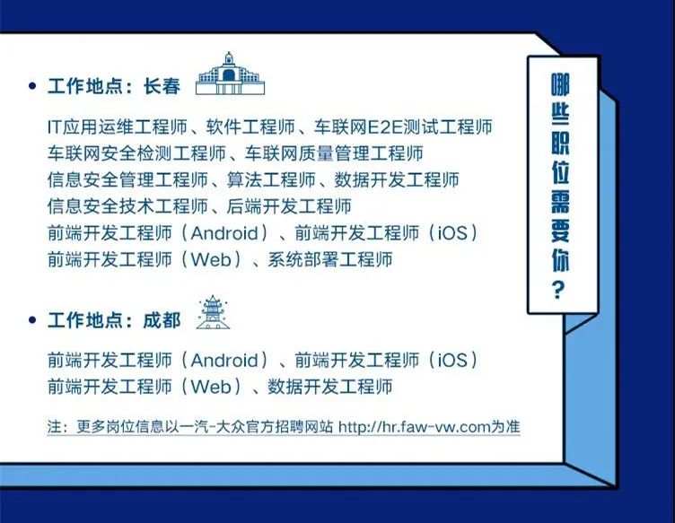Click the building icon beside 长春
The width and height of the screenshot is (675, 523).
pos(230,74)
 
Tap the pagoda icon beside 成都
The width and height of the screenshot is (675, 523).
pos(213,312)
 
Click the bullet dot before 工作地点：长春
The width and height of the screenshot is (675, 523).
pos(32,86)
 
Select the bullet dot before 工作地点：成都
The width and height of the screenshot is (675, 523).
pos(32,320)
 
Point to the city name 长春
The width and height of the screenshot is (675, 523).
pos(162,86)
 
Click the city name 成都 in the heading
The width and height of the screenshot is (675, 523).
pos(162,320)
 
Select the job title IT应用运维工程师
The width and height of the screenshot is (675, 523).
pos(118,126)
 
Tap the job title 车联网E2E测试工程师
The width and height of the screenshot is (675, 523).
pos(403,126)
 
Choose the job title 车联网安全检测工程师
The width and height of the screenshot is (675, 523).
pos(137,153)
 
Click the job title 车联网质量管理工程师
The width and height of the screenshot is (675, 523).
pos(334,153)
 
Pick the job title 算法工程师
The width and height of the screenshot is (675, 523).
pos(271,179)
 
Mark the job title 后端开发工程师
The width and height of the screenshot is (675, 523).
pos(289,206)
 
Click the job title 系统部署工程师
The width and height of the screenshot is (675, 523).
pos(330,259)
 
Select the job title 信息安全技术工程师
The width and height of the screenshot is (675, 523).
pos(127,206)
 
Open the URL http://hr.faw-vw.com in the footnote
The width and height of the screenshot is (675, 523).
pos(415,427)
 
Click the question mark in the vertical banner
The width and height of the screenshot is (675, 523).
pos(558,290)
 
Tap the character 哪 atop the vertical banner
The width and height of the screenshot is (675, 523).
pos(560,84)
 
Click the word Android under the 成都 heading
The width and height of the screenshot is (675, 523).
pos(224,360)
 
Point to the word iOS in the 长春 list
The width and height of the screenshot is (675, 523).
pos(453,233)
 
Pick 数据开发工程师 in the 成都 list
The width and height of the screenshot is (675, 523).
pos(330,387)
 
